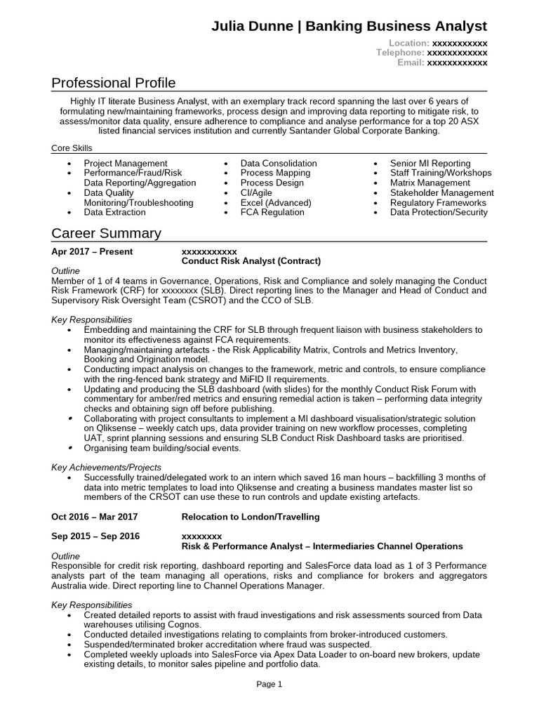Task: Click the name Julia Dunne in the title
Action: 253,26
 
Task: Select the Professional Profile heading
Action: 114,84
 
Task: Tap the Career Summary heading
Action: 106,233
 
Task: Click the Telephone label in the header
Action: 400,53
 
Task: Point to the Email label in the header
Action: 411,63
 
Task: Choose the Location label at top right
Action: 404,43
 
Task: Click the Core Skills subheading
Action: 72,148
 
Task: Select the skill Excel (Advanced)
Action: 274,202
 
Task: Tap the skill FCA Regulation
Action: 272,212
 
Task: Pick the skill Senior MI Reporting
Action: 430,163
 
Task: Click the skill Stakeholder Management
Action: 441,192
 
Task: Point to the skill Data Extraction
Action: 114,212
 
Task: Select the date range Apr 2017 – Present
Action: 92,251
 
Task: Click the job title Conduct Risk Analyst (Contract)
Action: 251,261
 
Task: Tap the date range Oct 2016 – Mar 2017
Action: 95,517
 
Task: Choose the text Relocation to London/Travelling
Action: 250,517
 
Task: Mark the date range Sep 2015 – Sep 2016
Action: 95,536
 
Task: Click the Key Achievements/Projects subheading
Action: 107,467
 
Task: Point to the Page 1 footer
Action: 269,684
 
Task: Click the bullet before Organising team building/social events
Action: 69,448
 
